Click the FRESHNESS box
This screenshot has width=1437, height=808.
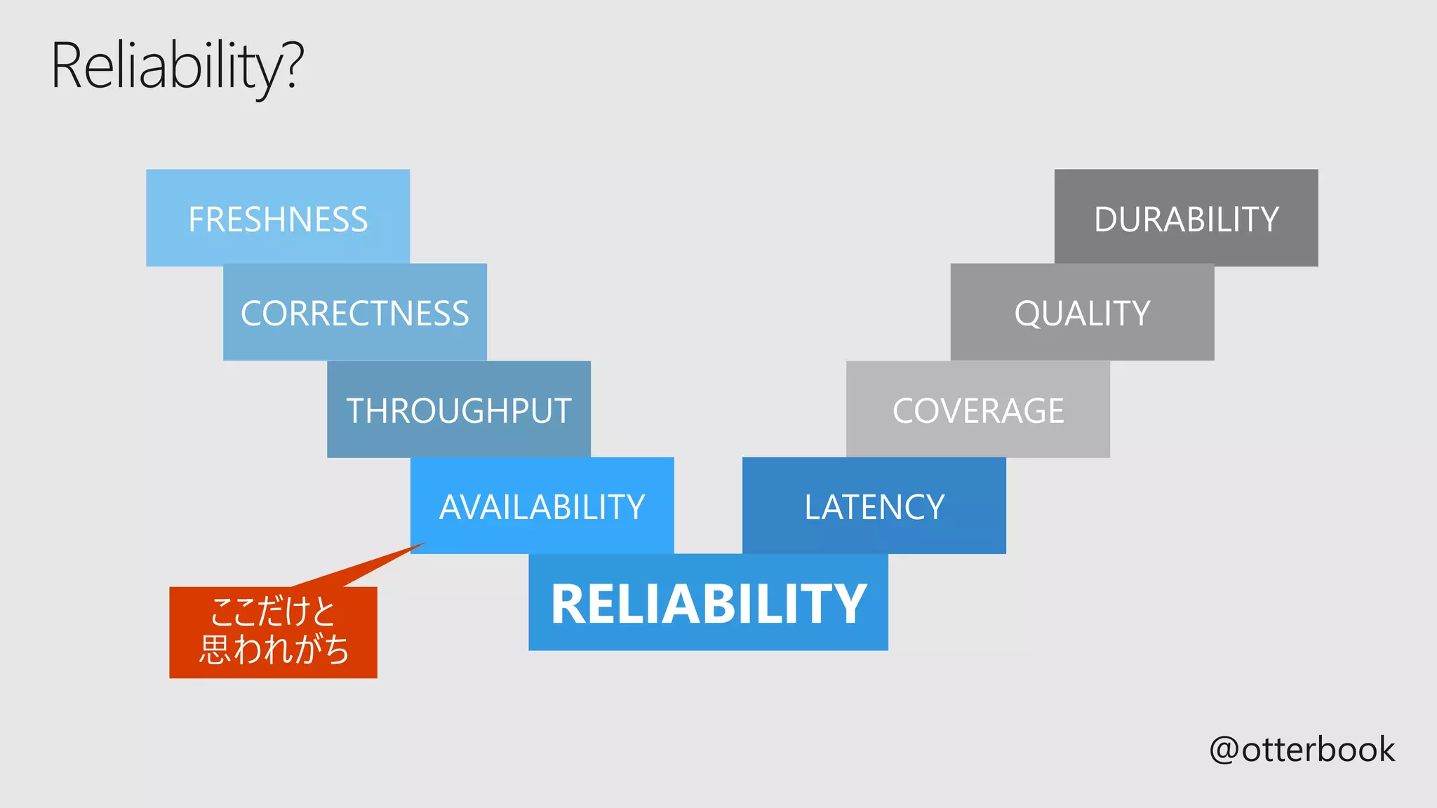point(278,218)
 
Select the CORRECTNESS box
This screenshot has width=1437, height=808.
point(354,313)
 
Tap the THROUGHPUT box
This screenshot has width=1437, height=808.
point(459,410)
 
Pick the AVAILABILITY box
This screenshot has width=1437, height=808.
point(542,506)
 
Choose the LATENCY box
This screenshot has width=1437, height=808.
point(874,506)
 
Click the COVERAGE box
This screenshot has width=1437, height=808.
point(978,410)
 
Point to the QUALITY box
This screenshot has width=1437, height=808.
point(1082,313)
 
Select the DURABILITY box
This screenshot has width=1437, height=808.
point(1186,218)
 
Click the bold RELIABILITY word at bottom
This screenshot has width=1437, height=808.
point(709,603)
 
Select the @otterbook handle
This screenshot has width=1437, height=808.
point(1302,749)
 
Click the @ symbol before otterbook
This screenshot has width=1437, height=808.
point(1224,750)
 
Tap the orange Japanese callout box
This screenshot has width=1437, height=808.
point(273,632)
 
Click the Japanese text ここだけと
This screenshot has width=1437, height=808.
point(273,612)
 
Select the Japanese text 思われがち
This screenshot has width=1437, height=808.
point(274,649)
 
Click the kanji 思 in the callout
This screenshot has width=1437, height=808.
point(215,649)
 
